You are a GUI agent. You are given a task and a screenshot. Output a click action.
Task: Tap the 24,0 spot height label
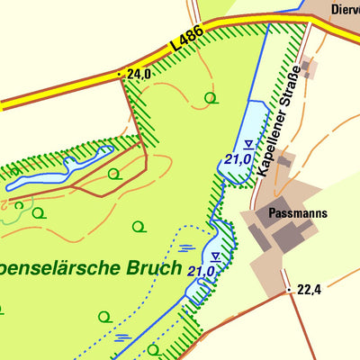[139, 75]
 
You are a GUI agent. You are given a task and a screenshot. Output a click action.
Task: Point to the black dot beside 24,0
[121, 75]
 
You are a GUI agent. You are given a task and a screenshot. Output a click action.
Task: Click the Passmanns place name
[296, 214]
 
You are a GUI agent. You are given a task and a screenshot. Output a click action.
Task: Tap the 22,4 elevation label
[309, 289]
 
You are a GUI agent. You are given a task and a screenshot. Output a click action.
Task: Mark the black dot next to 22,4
[289, 290]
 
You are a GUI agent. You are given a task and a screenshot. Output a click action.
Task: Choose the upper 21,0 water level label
[238, 159]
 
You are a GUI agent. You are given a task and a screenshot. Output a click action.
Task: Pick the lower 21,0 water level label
[201, 271]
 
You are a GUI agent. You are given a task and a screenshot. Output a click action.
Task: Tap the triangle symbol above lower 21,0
[215, 256]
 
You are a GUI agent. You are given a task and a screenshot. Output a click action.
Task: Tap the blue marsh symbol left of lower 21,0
[184, 247]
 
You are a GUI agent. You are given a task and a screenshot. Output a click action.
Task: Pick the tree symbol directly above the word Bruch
[139, 226]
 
